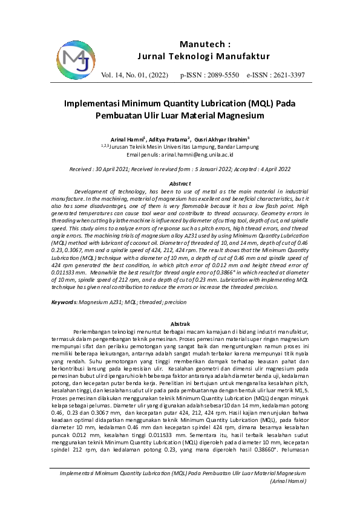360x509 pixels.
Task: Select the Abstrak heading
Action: (180, 324)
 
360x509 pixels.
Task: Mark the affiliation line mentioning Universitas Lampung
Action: (180, 147)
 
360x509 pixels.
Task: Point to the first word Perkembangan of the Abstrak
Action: (97, 332)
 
